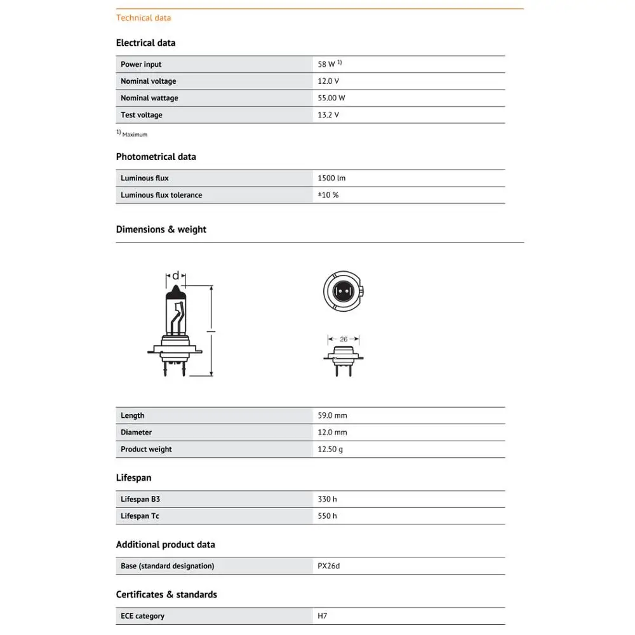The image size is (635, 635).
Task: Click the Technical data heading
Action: click(143, 18)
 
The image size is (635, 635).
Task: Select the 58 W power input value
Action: click(327, 64)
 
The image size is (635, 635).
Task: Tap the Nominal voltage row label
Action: click(148, 81)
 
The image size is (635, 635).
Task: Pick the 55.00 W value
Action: click(331, 98)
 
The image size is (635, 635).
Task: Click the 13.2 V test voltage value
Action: click(328, 115)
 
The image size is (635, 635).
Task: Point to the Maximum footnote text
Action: click(134, 135)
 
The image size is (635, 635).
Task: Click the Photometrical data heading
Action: click(156, 157)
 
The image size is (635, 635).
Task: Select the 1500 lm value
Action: click(331, 178)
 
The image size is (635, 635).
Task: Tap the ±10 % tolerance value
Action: click(328, 195)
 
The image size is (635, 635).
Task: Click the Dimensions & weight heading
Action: click(161, 229)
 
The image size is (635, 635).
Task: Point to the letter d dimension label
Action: click(176, 276)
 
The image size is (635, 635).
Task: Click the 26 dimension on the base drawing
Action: click(344, 339)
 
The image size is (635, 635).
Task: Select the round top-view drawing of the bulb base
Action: click(344, 291)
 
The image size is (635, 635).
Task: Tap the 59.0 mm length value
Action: click(332, 415)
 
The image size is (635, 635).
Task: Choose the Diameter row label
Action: click(136, 432)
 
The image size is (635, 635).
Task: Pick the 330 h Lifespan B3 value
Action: click(327, 499)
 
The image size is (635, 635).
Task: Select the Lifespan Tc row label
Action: click(140, 516)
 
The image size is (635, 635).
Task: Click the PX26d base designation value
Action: click(329, 566)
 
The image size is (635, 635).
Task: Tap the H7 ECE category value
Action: click(322, 616)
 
